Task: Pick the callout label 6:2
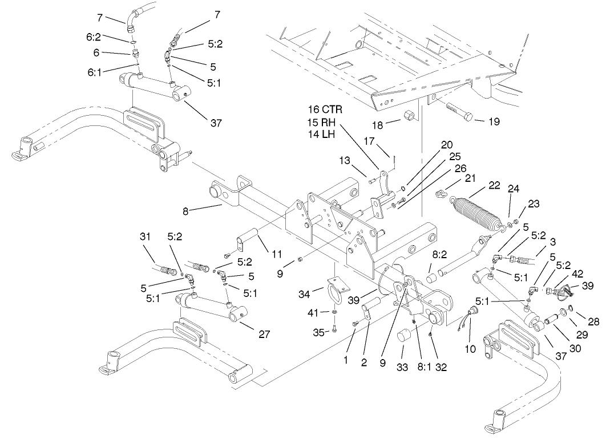pos(94,36)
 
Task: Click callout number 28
pos(594,321)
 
